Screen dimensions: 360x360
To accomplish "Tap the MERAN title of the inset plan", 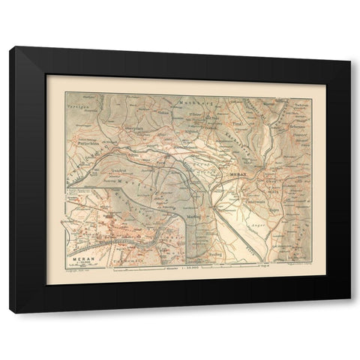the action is click(77, 258).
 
